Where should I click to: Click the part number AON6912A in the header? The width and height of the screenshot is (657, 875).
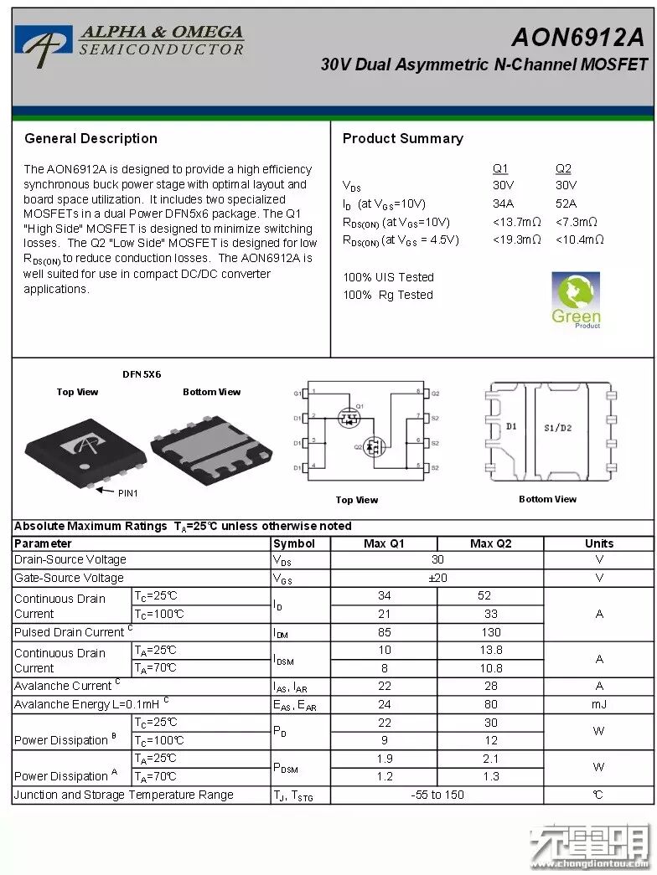[x=578, y=38]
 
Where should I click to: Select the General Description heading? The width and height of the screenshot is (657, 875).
[x=91, y=139]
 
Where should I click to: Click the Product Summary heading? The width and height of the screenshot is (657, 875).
[x=402, y=139]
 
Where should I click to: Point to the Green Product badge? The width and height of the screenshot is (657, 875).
[x=576, y=300]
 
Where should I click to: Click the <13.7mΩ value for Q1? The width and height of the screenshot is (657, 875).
[x=516, y=222]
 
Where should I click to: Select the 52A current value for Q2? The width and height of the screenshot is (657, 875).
[x=566, y=203]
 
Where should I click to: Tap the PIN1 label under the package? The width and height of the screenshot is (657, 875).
[x=127, y=493]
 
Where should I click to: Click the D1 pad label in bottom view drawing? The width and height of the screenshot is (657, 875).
[x=511, y=427]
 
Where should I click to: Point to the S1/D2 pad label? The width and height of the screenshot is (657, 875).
[x=557, y=428]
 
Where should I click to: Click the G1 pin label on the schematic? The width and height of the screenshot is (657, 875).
[x=297, y=394]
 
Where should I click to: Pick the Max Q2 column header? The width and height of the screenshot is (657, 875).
[x=490, y=543]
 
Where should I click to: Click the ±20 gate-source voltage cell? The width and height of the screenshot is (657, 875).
[x=437, y=578]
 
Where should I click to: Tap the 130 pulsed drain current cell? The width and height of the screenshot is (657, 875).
[x=490, y=632]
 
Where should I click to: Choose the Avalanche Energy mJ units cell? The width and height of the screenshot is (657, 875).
[x=598, y=704]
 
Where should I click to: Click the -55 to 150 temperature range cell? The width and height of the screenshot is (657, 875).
[x=437, y=795]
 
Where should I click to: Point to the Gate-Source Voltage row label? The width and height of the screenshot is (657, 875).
[x=69, y=578]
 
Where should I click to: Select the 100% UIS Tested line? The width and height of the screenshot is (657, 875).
[x=388, y=277]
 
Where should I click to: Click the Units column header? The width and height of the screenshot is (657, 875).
[x=598, y=543]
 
